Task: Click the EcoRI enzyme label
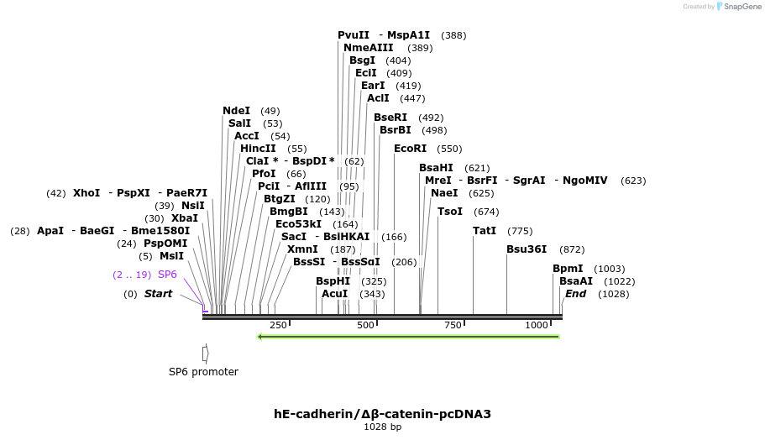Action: click(x=410, y=149)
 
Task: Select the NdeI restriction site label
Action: click(x=236, y=111)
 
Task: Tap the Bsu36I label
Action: click(x=527, y=249)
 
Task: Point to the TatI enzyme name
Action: click(x=485, y=231)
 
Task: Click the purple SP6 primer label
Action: click(x=167, y=275)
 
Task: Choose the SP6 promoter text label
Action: click(x=203, y=372)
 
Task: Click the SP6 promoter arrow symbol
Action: click(x=205, y=354)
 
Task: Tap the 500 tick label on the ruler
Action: click(x=365, y=325)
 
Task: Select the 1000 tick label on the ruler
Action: click(x=537, y=325)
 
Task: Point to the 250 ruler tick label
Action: click(x=278, y=325)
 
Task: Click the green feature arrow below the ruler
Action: click(x=408, y=337)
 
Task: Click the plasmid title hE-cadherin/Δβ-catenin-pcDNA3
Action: click(x=382, y=414)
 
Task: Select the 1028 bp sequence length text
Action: click(x=382, y=427)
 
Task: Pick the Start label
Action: click(x=158, y=294)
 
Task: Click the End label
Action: click(x=575, y=294)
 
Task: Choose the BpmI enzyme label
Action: click(x=568, y=269)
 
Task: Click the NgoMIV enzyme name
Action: click(x=585, y=181)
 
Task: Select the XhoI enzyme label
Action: click(x=86, y=193)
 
